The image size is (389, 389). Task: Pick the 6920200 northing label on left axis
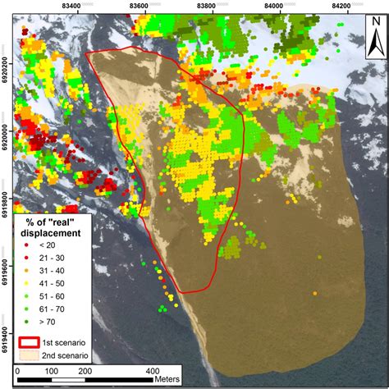[7, 62]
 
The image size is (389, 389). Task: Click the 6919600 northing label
[7, 270]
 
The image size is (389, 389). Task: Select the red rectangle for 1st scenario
[31, 341]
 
